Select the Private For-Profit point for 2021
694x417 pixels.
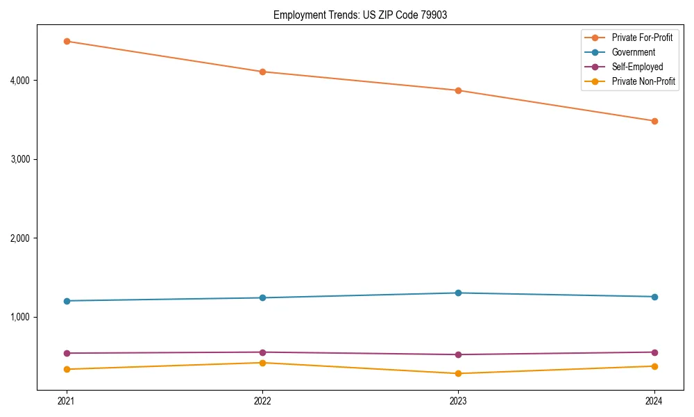pos(67,41)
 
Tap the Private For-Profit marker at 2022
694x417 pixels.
pos(262,72)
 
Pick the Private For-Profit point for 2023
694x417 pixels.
pos(458,90)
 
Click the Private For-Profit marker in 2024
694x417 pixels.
pos(654,121)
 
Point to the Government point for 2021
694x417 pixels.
pos(67,301)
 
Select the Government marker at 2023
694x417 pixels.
pos(458,293)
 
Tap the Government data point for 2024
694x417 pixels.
pos(654,297)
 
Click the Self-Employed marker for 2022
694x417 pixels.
pos(262,352)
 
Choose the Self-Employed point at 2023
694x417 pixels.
pos(458,354)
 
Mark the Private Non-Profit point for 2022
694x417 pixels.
pos(262,363)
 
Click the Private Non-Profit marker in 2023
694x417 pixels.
pos(458,373)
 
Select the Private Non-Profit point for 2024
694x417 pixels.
pos(654,366)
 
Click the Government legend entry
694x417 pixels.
pos(633,52)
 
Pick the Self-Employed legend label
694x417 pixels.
pos(637,67)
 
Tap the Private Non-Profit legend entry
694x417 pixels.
pos(643,81)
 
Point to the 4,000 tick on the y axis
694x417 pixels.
pos(19,81)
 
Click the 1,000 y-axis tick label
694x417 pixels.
pos(19,318)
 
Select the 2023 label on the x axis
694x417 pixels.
pos(458,400)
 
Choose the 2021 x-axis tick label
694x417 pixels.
pos(67,400)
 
